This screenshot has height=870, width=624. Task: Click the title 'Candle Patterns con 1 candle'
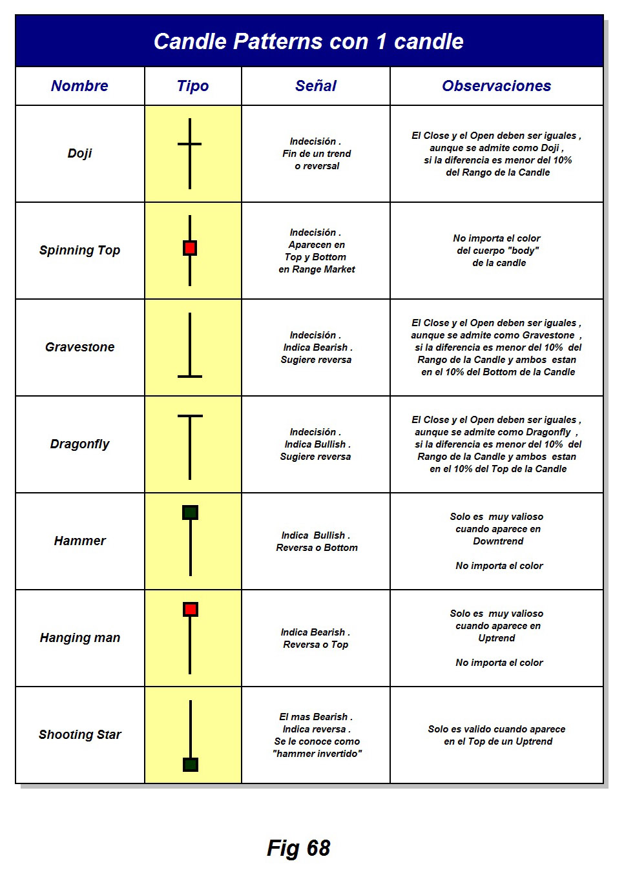(309, 41)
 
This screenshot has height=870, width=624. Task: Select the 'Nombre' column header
(79, 86)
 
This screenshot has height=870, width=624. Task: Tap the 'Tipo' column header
(192, 86)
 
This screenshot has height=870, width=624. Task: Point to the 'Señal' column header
(316, 86)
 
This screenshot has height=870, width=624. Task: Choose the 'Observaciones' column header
(496, 86)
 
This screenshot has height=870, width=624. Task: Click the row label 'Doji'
(79, 153)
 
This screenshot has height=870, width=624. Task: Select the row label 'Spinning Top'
(79, 250)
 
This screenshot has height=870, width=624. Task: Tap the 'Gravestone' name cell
(79, 347)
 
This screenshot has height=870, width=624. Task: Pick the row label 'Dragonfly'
(79, 444)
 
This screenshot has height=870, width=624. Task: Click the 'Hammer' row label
(79, 541)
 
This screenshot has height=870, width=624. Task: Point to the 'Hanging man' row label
(79, 637)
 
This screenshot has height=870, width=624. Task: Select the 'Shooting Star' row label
(79, 734)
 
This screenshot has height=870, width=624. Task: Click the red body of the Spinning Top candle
(190, 248)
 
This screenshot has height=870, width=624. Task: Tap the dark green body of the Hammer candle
(190, 513)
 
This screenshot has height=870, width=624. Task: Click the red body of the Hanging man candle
(190, 609)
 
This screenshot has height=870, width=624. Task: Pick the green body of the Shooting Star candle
(190, 765)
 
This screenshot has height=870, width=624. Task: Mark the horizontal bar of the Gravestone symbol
(190, 376)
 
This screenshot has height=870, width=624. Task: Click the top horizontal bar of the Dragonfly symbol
(190, 416)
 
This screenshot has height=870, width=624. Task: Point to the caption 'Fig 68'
(298, 848)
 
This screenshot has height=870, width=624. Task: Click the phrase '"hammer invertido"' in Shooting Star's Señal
(317, 754)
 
